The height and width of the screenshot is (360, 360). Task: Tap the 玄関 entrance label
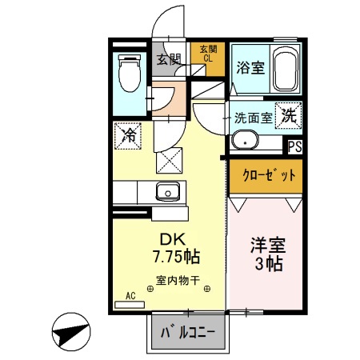point(168,58)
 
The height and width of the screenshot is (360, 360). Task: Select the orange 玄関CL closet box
point(207,53)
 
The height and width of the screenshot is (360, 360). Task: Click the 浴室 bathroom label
point(247,69)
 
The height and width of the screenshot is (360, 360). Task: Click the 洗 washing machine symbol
point(287,114)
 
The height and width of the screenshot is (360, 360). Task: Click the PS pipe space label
point(294,146)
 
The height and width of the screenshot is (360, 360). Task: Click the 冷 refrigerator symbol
point(127,135)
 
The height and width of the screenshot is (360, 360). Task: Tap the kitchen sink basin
point(168,190)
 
